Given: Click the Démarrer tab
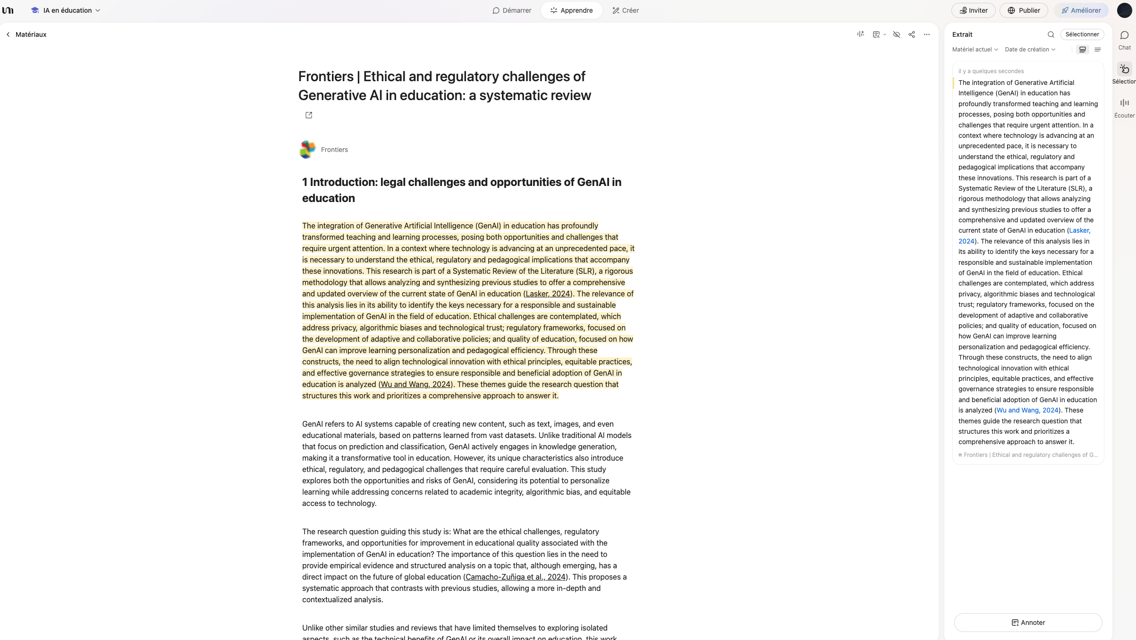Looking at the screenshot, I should [512, 10].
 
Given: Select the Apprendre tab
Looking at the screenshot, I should [571, 10].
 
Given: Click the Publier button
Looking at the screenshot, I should [1023, 10].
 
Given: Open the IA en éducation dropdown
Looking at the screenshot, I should [66, 10].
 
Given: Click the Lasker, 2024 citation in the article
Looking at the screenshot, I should [548, 294].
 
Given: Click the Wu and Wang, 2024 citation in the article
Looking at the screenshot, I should [415, 384].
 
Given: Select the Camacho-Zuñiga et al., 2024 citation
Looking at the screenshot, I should [515, 577].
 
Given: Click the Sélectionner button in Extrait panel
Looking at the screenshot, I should [1082, 34].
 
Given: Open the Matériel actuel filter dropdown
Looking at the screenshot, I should [975, 50].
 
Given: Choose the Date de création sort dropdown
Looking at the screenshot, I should [1030, 50].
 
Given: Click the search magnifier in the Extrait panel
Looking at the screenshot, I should [1051, 34].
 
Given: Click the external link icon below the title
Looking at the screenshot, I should [309, 115].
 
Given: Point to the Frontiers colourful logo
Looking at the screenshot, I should [307, 150].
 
